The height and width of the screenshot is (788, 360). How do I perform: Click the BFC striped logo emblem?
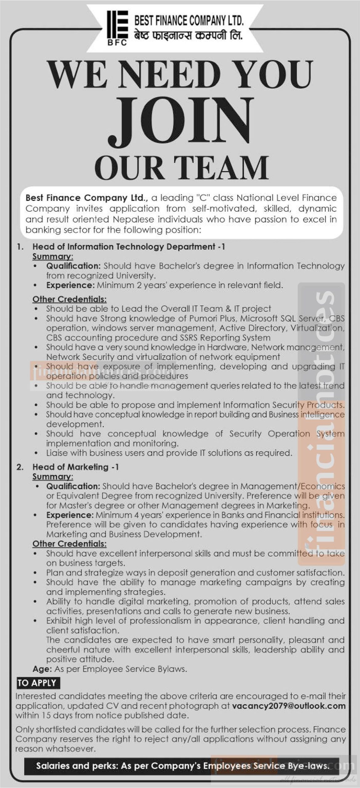[x=117, y=28]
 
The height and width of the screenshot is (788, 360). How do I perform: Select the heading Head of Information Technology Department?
[x=129, y=247]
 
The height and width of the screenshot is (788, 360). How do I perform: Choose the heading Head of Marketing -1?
[x=75, y=467]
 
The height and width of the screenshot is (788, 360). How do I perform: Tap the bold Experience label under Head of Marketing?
[x=70, y=515]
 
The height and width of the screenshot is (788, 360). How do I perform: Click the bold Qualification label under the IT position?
[x=74, y=266]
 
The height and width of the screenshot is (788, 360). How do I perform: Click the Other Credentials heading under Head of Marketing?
[x=70, y=544]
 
